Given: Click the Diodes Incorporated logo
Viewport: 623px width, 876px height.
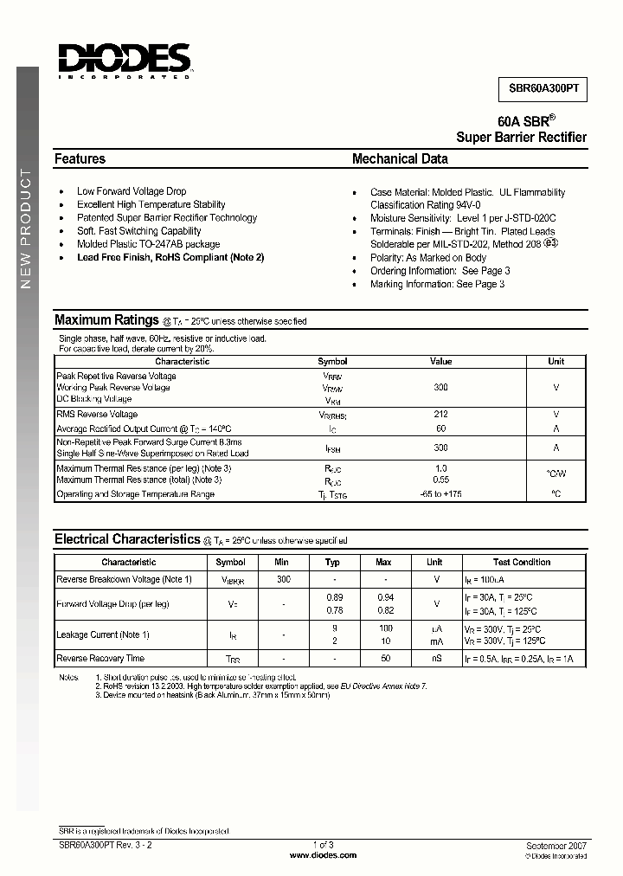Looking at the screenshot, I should [x=125, y=61].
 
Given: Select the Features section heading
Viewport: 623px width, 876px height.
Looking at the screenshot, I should [x=80, y=159].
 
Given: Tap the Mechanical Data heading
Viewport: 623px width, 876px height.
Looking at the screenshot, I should [x=400, y=159].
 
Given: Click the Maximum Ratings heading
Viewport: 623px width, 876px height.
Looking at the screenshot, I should [x=106, y=320].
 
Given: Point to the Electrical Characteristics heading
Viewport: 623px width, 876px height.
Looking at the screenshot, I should [x=127, y=539].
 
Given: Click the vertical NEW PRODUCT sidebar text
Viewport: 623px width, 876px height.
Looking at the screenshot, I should [x=26, y=229].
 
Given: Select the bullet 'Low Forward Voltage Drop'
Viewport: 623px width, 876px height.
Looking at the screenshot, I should [x=131, y=191].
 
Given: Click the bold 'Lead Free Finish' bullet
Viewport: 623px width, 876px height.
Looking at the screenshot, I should [x=170, y=257].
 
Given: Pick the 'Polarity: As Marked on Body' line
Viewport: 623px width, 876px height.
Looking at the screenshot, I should [x=427, y=258].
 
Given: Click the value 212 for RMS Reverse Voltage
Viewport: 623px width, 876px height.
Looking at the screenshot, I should [x=440, y=415].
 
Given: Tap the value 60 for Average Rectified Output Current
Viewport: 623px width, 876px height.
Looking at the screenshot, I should [x=440, y=428].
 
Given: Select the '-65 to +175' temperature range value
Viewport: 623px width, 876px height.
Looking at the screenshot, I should [x=440, y=494].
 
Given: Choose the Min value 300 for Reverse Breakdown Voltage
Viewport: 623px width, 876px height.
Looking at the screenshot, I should [x=283, y=579].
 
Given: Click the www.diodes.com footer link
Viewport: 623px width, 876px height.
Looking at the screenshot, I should [x=323, y=855].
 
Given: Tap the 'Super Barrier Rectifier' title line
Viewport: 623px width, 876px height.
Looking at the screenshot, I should [x=521, y=138].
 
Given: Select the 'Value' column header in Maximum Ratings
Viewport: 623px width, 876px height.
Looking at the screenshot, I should [x=440, y=362].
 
